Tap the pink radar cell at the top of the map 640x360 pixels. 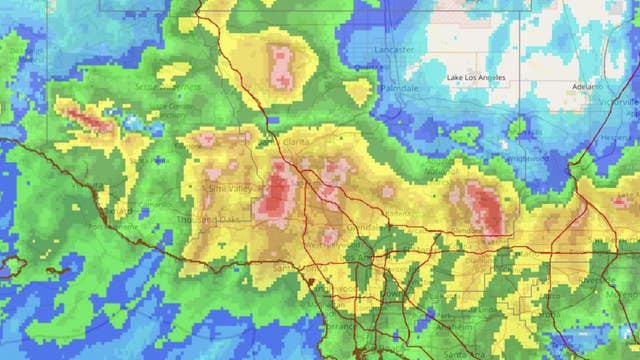pos(281,65)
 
